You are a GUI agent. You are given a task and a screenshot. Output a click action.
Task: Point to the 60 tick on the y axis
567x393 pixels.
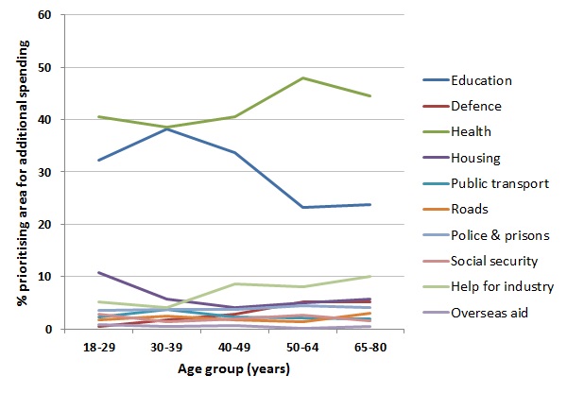(45, 16)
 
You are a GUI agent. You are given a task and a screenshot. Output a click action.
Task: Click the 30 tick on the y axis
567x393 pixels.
(45, 172)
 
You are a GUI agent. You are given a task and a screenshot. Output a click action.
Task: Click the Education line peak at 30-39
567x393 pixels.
(167, 128)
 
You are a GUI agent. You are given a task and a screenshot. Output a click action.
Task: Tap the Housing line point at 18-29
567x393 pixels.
(99, 272)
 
